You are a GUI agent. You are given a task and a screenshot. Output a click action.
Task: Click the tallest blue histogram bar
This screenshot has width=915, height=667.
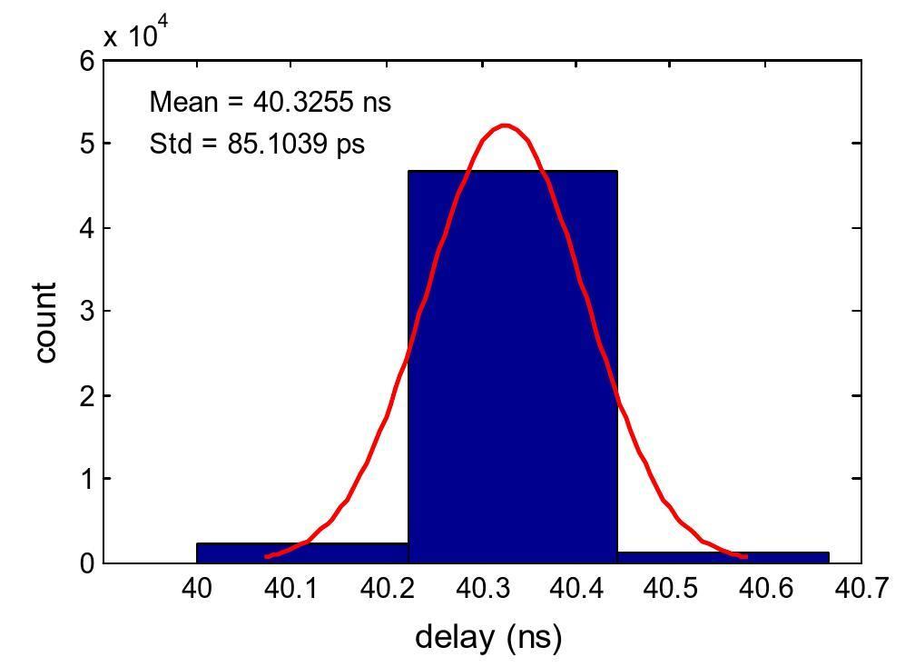(x=512, y=363)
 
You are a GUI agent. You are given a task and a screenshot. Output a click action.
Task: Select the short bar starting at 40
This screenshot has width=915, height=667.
(x=302, y=553)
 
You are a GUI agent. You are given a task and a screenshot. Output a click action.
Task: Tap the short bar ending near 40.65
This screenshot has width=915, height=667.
(x=723, y=556)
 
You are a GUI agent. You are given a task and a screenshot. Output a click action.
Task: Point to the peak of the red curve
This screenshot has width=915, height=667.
(x=505, y=125)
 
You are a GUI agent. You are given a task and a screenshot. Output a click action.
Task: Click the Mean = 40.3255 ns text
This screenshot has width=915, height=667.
(x=270, y=102)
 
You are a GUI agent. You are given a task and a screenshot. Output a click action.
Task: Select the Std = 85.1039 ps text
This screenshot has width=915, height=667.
(x=257, y=143)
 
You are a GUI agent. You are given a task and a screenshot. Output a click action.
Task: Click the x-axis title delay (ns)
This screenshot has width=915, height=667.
(x=488, y=636)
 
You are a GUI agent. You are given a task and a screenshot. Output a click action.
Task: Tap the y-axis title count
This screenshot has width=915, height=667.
(x=45, y=323)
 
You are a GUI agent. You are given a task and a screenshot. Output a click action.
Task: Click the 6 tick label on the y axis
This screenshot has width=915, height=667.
(x=87, y=61)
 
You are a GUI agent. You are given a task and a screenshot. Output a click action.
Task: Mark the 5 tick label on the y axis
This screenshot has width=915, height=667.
(x=87, y=144)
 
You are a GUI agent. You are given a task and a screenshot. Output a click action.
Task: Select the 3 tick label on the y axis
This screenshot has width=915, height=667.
(x=87, y=312)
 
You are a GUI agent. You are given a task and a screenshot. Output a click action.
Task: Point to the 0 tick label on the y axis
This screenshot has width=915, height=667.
(x=87, y=563)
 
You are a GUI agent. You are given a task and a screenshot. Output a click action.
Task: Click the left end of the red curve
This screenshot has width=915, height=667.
(x=266, y=556)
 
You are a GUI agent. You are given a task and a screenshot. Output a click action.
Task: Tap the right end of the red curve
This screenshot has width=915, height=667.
(x=746, y=556)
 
